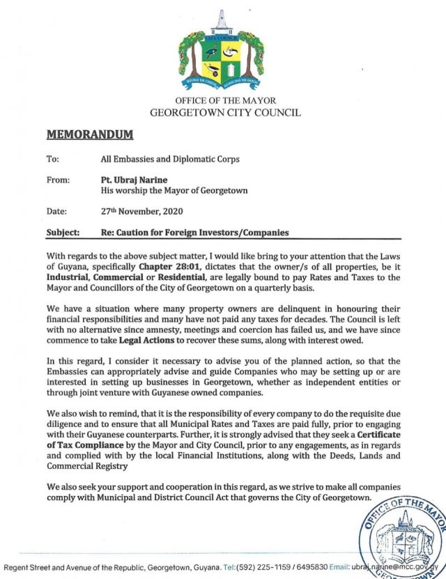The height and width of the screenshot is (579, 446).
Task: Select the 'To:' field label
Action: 52,159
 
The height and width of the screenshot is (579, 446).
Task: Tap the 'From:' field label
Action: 58,180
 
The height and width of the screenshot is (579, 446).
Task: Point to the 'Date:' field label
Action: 57,210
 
